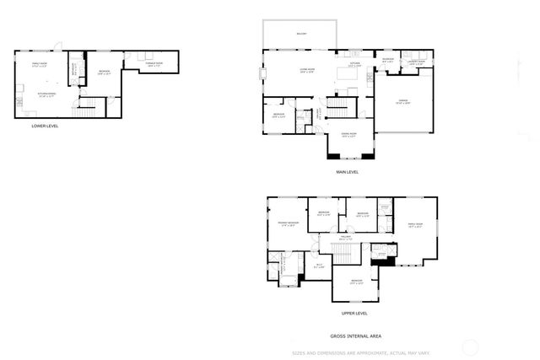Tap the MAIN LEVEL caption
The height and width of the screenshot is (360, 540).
click(x=348, y=171)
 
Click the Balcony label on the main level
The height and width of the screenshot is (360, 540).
click(x=301, y=34)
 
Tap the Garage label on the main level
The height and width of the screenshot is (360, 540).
click(x=403, y=101)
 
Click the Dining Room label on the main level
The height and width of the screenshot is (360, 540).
click(x=348, y=134)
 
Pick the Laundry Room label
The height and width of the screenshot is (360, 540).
click(x=417, y=62)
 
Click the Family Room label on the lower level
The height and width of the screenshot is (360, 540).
click(x=39, y=65)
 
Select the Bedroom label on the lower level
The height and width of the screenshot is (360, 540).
click(x=104, y=72)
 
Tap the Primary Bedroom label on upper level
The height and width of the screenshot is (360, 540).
click(x=289, y=223)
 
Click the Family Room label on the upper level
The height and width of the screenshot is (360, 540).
click(x=415, y=224)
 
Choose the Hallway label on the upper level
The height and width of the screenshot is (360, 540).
click(x=346, y=238)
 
